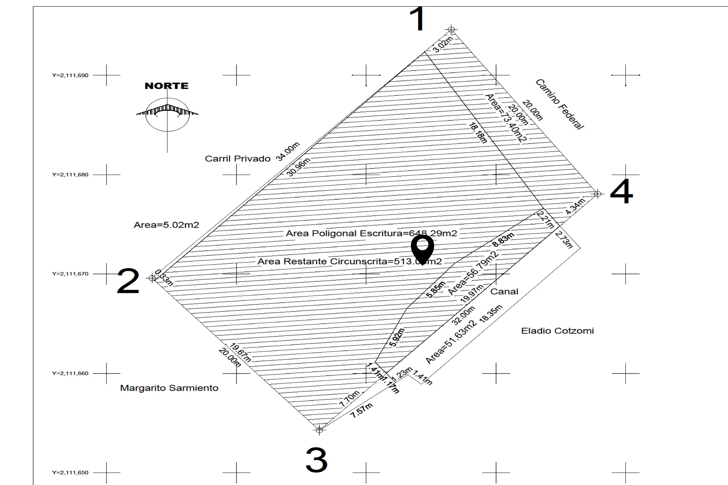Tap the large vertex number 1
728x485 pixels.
coord(417,19)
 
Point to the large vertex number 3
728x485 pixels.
coord(316,460)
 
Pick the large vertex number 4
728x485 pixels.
coord(621,192)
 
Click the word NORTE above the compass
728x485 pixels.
coord(167,86)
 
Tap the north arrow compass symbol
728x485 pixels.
coord(167,115)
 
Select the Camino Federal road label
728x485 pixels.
coord(560,104)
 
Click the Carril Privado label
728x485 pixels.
coord(238,159)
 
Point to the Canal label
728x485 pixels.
coord(504,292)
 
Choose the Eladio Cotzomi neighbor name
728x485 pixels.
coord(557,331)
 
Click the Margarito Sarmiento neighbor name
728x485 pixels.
coord(169,388)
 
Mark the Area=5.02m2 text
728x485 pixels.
coord(166,225)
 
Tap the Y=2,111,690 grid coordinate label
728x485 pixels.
coord(70,75)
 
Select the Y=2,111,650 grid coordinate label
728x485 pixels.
coord(70,473)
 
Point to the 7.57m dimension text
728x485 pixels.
coord(362,411)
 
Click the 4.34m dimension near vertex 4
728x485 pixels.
coord(575,206)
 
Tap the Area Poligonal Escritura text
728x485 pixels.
coord(371,233)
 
